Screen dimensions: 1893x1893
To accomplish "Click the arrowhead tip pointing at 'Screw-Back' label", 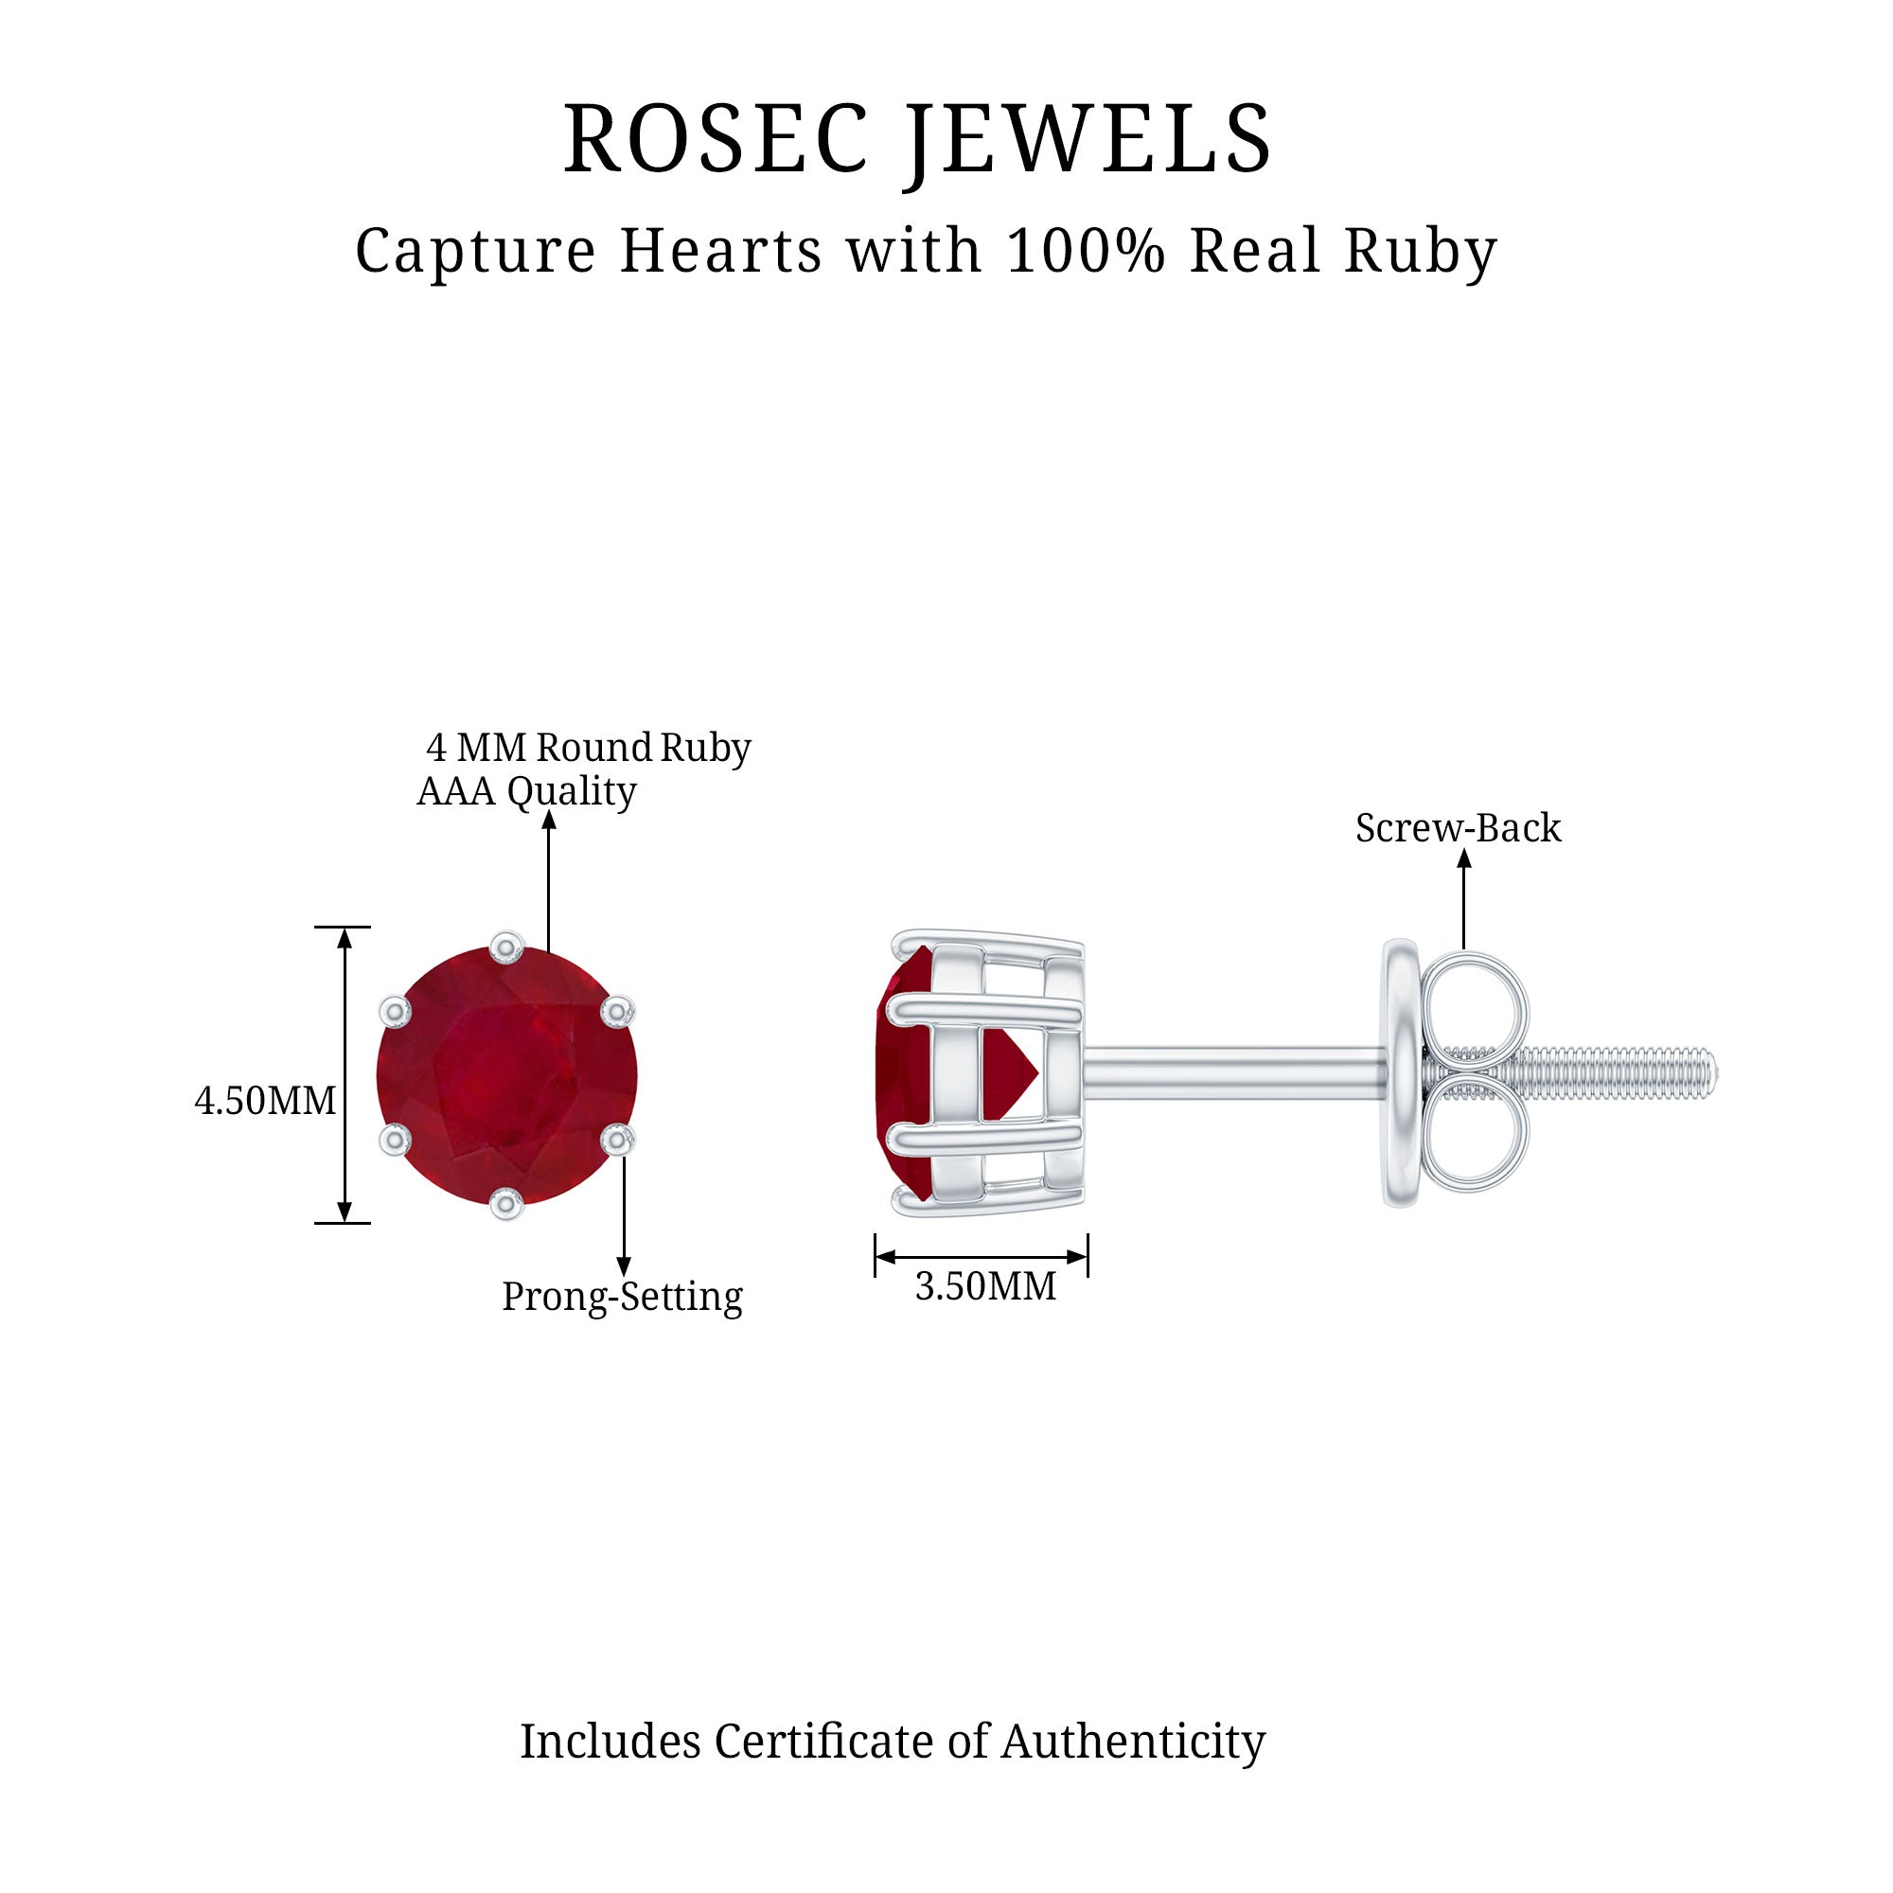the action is pyautogui.click(x=1464, y=848).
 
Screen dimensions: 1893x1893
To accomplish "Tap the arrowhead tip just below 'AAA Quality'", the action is pyautogui.click(x=549, y=811).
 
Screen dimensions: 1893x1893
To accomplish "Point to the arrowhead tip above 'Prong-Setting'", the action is pyautogui.click(x=624, y=1277).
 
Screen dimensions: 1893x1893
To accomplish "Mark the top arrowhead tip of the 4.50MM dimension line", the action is pyautogui.click(x=344, y=928).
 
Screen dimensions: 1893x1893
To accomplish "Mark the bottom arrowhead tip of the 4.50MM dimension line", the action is pyautogui.click(x=344, y=1222).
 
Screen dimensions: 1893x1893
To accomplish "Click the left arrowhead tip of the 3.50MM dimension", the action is pyautogui.click(x=876, y=1257).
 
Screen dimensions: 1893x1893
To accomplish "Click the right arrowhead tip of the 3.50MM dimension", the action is pyautogui.click(x=1088, y=1257).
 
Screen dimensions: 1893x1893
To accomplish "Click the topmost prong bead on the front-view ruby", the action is pyautogui.click(x=506, y=947).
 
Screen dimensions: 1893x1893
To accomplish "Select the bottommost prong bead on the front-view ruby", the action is pyautogui.click(x=506, y=1202).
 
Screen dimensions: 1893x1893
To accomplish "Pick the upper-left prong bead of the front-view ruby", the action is pyautogui.click(x=395, y=1011).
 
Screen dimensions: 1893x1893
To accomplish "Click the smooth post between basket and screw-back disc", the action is pyautogui.click(x=1234, y=1073).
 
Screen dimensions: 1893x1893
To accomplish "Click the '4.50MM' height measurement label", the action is pyautogui.click(x=266, y=1101).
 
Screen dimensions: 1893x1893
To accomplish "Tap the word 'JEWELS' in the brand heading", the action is pyautogui.click(x=1089, y=139).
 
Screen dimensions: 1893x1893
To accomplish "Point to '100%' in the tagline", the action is pyautogui.click(x=1086, y=251).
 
